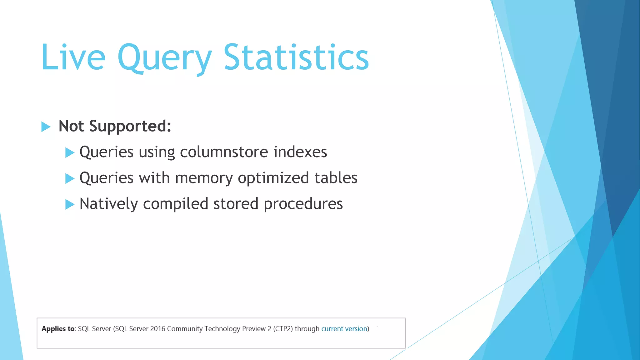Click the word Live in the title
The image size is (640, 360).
[x=73, y=57]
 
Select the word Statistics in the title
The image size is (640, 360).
[x=296, y=57]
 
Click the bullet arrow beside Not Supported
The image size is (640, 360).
[x=46, y=127]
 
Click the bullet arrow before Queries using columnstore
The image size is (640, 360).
[x=69, y=152]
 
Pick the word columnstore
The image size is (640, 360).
[x=224, y=152]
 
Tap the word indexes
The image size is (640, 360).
[x=300, y=152]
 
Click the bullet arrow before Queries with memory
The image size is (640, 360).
[x=69, y=178]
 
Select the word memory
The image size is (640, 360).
[x=204, y=178]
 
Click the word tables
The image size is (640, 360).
[x=336, y=178]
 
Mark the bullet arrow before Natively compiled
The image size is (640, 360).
[x=69, y=204]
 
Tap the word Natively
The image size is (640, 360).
[x=108, y=204]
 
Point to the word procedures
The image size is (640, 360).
[x=303, y=204]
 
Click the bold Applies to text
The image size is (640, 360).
[x=58, y=329]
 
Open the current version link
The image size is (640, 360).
[x=344, y=329]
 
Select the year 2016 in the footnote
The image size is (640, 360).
[x=157, y=329]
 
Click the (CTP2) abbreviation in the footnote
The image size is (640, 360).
[x=283, y=329]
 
